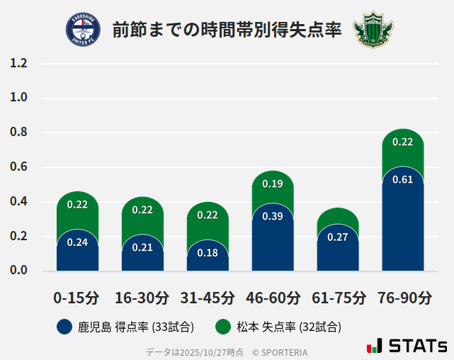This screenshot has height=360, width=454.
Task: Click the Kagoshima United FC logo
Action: coord(83,29)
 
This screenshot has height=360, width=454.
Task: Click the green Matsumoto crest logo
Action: coord(373,29)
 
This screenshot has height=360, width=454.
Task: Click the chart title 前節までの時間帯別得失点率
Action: coord(227,30)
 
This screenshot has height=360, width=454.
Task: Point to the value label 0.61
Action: coord(402,179)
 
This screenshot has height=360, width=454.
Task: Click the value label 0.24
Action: coord(77,242)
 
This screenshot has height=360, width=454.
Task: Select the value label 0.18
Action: coord(208,253)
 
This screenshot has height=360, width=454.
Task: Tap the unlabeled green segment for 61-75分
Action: coord(338,216)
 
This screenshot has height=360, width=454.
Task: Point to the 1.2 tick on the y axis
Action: coord(18,64)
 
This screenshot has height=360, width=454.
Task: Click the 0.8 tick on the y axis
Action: coord(18,133)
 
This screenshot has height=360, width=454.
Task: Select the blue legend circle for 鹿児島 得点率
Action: coord(65,327)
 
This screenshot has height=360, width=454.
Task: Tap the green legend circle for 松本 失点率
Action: coord(224,327)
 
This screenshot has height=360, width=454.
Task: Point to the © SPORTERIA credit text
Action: coord(280,352)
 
